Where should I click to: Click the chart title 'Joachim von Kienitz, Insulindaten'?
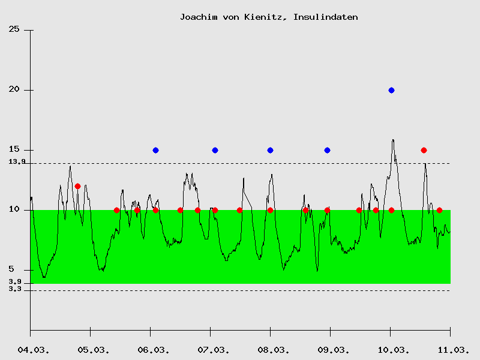point(269,17)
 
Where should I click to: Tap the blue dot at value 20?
point(391,90)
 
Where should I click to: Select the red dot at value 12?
point(77,186)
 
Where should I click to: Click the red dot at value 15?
point(424,150)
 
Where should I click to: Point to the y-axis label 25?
point(14,29)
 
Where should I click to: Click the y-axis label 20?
point(14,89)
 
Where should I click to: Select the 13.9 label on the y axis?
point(16,161)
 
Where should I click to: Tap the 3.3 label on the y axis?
point(15,289)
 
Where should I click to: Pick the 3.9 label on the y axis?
point(15,281)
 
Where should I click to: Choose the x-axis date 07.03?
point(211,349)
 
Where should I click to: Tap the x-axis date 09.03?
point(331,349)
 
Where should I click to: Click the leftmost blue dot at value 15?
point(155,150)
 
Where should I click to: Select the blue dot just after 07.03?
point(215,150)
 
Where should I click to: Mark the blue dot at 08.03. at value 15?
point(270,150)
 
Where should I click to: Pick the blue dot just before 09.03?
point(327,150)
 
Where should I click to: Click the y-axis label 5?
point(19,269)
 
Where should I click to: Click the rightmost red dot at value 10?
point(439,210)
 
